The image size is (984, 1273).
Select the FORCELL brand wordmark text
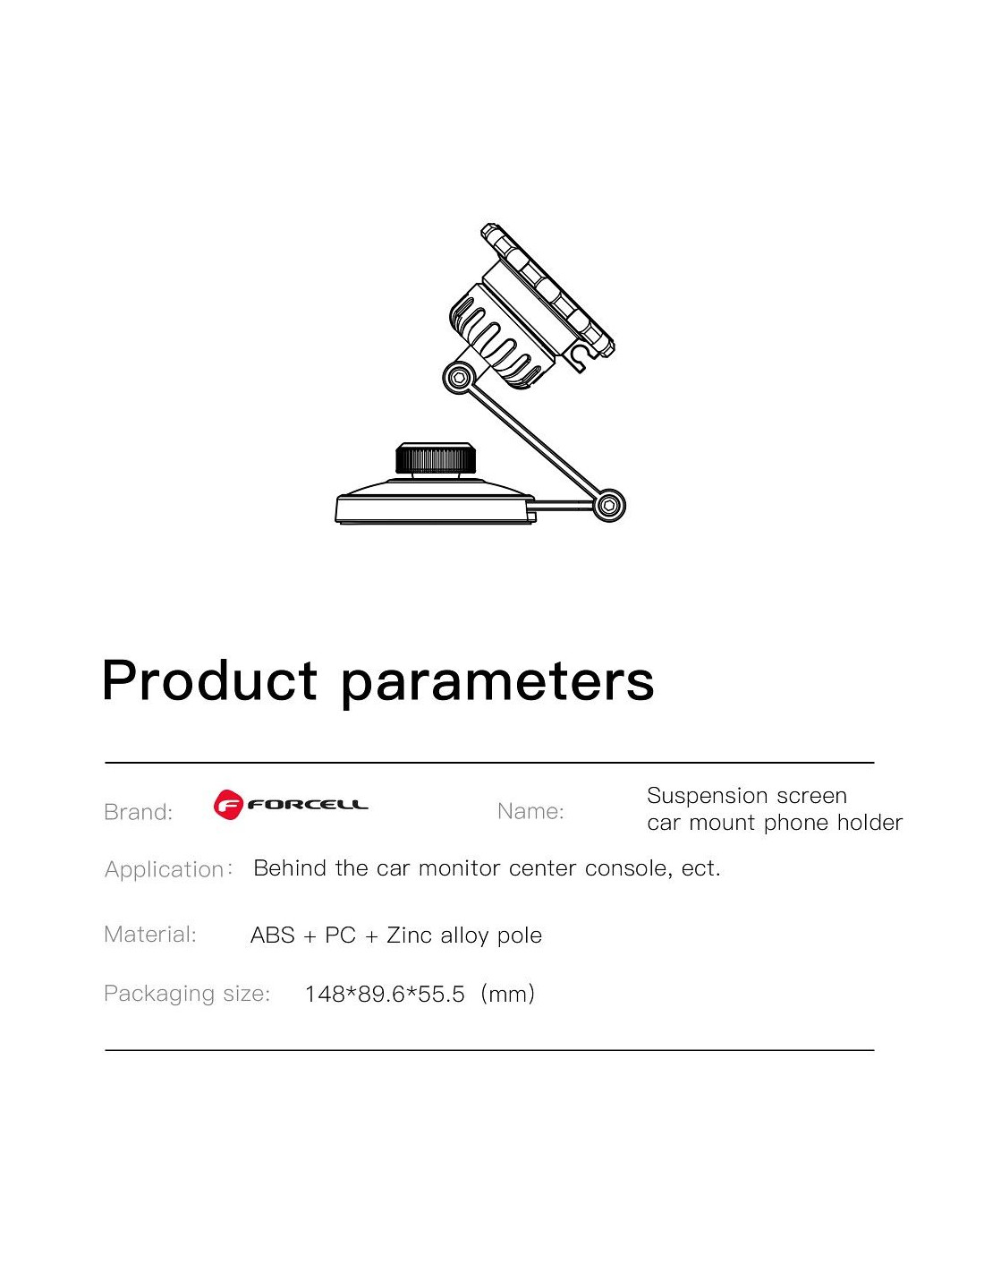308,805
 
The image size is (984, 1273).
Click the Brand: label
138,812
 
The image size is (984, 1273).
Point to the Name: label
530,811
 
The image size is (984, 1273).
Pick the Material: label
150,934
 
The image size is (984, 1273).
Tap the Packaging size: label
187,994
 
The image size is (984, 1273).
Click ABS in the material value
272,935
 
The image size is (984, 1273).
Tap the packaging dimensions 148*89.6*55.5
386,995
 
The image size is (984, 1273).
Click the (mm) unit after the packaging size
507,995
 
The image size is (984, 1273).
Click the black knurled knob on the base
435,457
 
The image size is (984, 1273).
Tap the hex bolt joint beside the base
609,504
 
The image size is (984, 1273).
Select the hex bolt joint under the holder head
459,378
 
